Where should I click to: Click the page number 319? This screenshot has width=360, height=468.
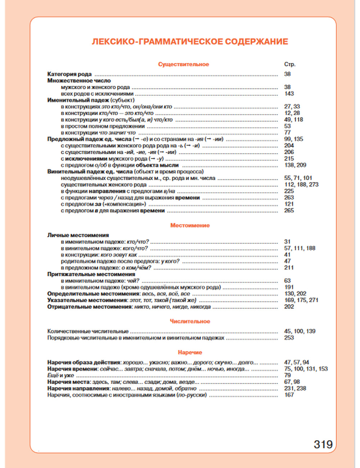pyautogui.click(x=323, y=444)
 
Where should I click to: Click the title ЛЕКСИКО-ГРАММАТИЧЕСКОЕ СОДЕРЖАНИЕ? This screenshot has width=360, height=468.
pyautogui.click(x=190, y=42)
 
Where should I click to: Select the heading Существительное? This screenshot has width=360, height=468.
pyautogui.click(x=183, y=64)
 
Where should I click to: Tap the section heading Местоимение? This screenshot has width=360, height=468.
pyautogui.click(x=190, y=225)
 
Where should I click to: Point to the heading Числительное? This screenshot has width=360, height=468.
pyautogui.click(x=190, y=321)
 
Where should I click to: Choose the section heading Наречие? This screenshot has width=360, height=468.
pyautogui.click(x=190, y=352)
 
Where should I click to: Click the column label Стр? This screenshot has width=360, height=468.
pyautogui.click(x=289, y=64)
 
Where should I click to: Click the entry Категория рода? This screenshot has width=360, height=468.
pyautogui.click(x=69, y=74)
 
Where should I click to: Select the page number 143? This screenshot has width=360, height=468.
pyautogui.click(x=289, y=94)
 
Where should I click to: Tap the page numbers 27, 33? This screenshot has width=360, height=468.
pyautogui.click(x=292, y=107)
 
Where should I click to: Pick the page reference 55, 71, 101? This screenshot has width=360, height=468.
pyautogui.click(x=298, y=178)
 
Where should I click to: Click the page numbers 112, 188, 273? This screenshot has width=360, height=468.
pyautogui.click(x=301, y=184)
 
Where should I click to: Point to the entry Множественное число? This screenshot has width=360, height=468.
pyautogui.click(x=79, y=81)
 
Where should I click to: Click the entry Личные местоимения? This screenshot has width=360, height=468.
pyautogui.click(x=78, y=235)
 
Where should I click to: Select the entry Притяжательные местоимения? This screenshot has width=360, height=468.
pyautogui.click(x=91, y=274)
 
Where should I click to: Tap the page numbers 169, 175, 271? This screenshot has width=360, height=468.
pyautogui.click(x=301, y=300)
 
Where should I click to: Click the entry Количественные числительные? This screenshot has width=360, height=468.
pyautogui.click(x=88, y=331)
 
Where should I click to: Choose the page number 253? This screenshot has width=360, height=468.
pyautogui.click(x=289, y=338)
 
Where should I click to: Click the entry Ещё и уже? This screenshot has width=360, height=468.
pyautogui.click(x=60, y=375)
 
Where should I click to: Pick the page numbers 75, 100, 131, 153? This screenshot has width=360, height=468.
pyautogui.click(x=306, y=369)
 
